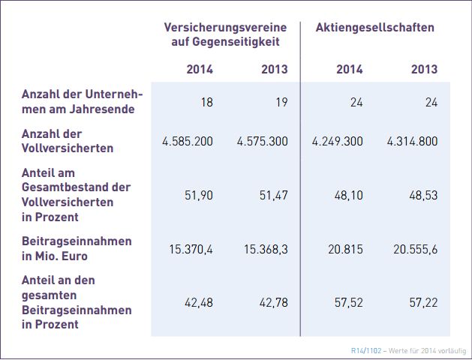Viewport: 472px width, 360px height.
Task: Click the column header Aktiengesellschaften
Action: coord(374,28)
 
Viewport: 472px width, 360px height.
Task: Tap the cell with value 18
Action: coord(206,103)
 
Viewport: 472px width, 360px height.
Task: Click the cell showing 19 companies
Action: coord(281,103)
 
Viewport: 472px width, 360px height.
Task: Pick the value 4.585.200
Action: coord(188,141)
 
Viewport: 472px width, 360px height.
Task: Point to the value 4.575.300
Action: coord(263,141)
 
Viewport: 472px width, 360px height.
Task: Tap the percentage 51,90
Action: coord(199,194)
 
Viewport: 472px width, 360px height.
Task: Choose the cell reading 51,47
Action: coord(274,194)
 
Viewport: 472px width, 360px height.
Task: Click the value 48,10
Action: coord(348,194)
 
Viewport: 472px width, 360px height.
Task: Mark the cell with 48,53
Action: coord(423,194)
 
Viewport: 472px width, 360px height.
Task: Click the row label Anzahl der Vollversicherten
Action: coord(68,141)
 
